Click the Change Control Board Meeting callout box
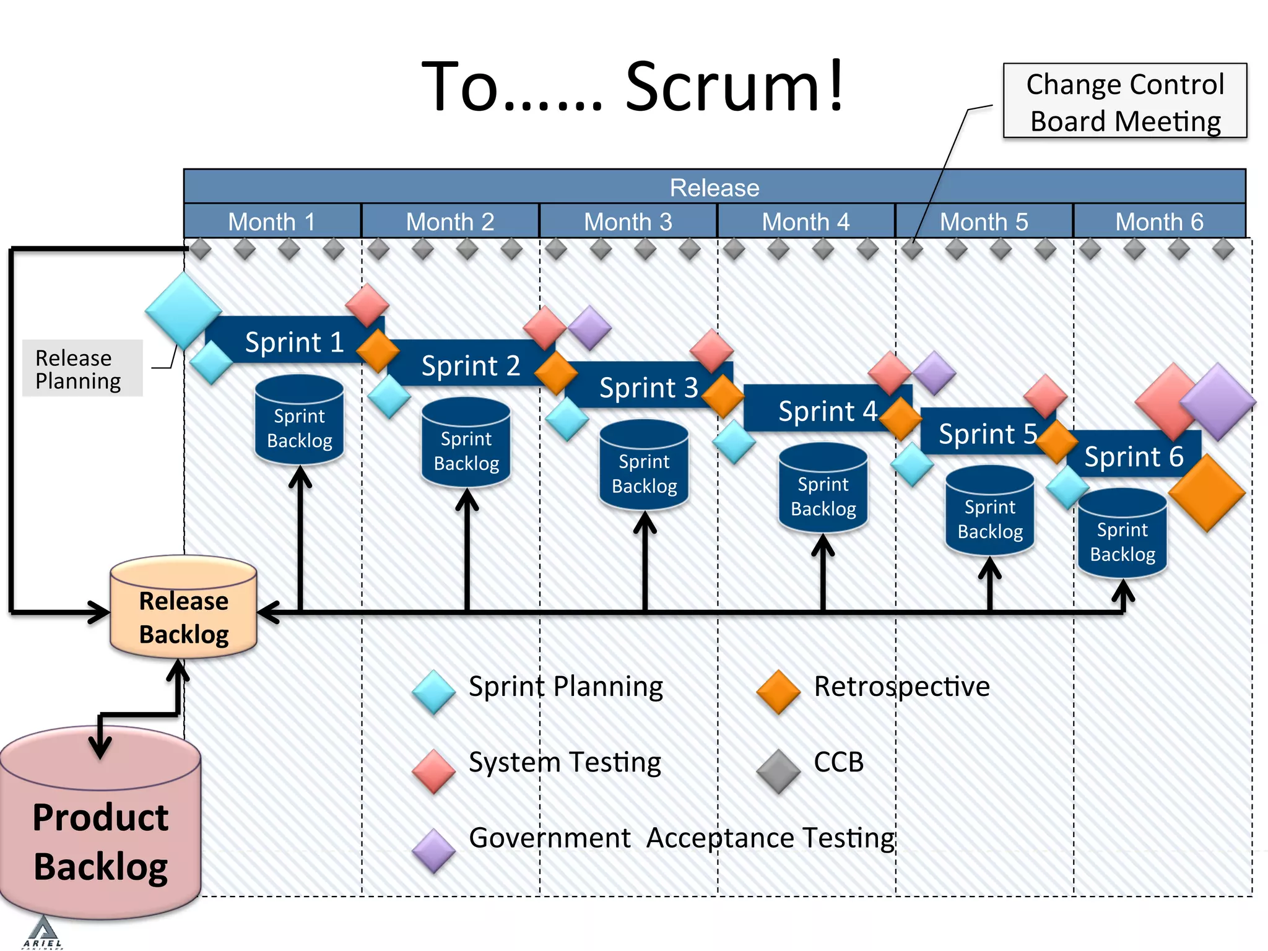1124,101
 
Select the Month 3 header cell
628,221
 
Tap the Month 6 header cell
1159,221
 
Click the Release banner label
714,187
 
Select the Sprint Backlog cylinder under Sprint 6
1122,537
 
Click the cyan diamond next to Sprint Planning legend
433,692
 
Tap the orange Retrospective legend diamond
778,692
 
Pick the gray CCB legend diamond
778,771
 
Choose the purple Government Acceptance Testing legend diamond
433,851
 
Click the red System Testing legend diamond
433,771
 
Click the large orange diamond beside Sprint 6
1206,493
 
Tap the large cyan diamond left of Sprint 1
183,310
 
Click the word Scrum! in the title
734,87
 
